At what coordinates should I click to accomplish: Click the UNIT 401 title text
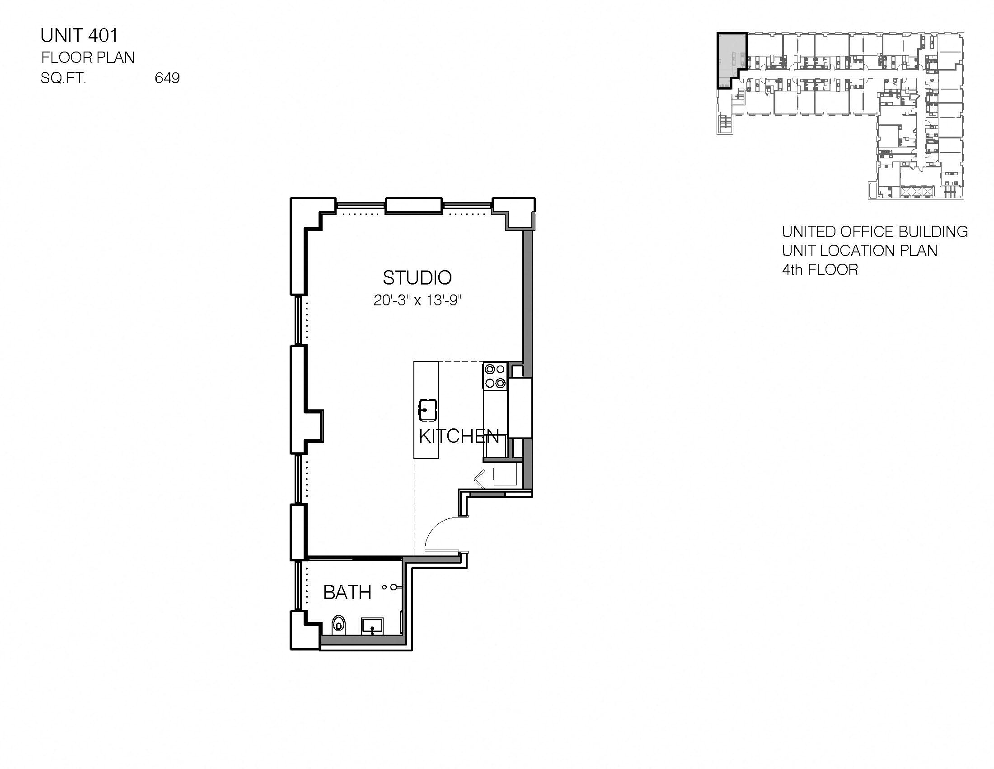tap(79, 36)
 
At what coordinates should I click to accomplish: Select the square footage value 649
tap(167, 78)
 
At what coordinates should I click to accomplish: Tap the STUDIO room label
tap(417, 277)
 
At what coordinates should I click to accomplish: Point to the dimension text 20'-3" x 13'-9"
tap(417, 300)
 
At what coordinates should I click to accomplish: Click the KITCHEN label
tap(459, 437)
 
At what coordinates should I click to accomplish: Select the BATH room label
tap(347, 592)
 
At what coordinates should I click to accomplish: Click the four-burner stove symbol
tap(495, 376)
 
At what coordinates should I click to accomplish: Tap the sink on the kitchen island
tap(427, 410)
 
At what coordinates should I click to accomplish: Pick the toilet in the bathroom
tap(338, 625)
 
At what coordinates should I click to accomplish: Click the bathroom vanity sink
tap(372, 626)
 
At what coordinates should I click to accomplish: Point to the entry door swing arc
tap(439, 528)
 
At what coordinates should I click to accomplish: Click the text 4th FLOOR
tap(820, 270)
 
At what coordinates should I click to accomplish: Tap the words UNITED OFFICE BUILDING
tap(874, 232)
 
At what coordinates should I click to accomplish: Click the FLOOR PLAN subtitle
tap(88, 57)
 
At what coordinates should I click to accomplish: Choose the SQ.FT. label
tap(63, 78)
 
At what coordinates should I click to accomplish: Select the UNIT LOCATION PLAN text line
tap(859, 251)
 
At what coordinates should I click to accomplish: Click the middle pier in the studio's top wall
tap(414, 205)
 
